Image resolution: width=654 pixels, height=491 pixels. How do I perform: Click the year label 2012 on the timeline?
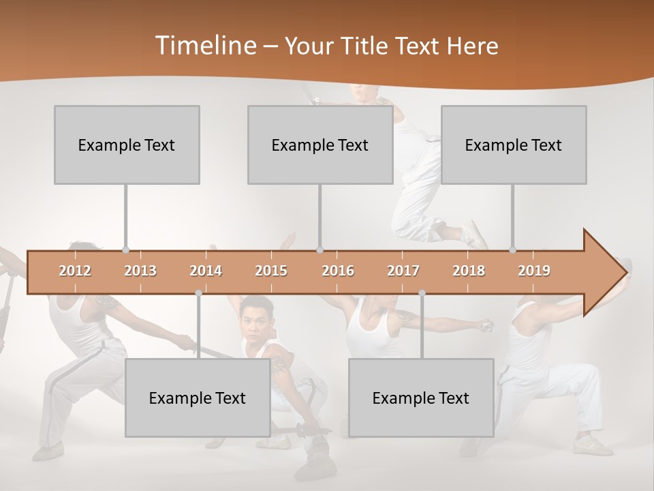click(75, 271)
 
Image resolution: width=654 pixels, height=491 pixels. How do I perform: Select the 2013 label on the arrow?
click(140, 271)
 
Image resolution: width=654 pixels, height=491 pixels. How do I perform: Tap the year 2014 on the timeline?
click(206, 271)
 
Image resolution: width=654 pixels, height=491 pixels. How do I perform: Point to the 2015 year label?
click(271, 271)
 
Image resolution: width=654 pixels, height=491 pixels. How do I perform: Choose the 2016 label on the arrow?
click(338, 271)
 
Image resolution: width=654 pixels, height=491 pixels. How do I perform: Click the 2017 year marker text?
click(403, 271)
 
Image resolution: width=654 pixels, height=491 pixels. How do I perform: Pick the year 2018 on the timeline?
click(469, 271)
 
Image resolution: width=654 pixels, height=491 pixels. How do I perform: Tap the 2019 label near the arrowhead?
click(534, 271)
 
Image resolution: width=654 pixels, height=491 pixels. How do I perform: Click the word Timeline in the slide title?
click(204, 46)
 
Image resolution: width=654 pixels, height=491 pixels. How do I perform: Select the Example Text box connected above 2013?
click(127, 145)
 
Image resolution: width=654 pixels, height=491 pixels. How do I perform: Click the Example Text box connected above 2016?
click(320, 145)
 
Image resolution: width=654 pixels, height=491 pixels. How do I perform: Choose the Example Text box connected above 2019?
click(514, 145)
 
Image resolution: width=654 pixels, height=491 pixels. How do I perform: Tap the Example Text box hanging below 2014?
click(198, 398)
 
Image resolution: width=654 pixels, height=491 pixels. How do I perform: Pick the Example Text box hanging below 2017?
click(421, 398)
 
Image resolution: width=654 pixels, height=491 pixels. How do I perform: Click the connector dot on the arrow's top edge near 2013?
click(125, 250)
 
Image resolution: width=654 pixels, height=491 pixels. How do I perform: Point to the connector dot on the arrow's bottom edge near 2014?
click(198, 293)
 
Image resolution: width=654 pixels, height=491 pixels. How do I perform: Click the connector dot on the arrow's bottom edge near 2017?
click(422, 293)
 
